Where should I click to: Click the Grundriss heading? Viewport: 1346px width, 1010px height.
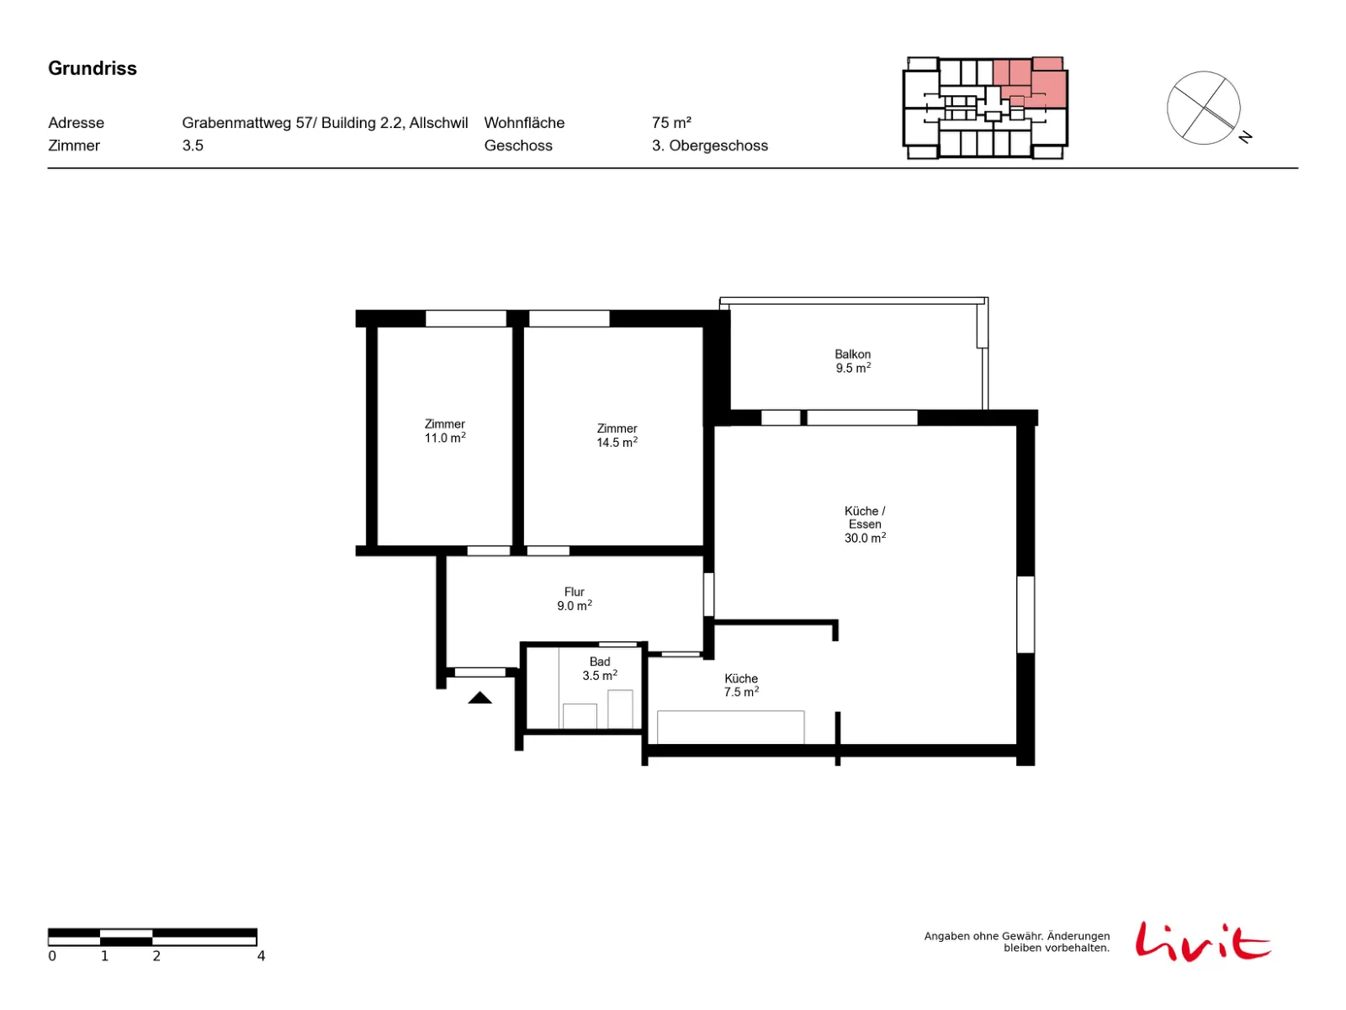click(92, 68)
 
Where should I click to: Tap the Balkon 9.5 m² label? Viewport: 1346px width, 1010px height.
click(852, 361)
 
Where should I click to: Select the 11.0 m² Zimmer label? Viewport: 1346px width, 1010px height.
click(444, 430)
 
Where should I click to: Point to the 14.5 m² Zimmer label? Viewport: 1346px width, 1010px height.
click(617, 435)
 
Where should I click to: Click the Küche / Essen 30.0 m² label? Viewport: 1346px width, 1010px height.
click(865, 524)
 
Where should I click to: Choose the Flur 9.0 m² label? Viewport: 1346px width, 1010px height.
click(574, 598)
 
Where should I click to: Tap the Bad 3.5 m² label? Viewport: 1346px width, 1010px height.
click(600, 668)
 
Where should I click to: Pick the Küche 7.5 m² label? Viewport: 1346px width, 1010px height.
click(741, 685)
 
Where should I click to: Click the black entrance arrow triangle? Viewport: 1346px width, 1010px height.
click(480, 698)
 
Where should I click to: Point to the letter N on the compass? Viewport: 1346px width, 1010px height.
click(1245, 136)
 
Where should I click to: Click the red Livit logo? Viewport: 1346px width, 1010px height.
click(1203, 941)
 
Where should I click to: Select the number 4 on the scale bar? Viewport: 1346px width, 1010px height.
click(261, 956)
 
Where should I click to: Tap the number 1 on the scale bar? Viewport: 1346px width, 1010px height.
click(104, 956)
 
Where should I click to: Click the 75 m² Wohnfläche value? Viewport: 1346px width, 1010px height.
click(671, 123)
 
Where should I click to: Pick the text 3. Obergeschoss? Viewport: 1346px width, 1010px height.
click(709, 146)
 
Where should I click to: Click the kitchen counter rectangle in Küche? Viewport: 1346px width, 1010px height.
click(730, 727)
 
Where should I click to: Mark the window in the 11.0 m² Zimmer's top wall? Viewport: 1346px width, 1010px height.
click(465, 318)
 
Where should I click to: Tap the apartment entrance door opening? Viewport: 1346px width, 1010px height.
click(480, 672)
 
